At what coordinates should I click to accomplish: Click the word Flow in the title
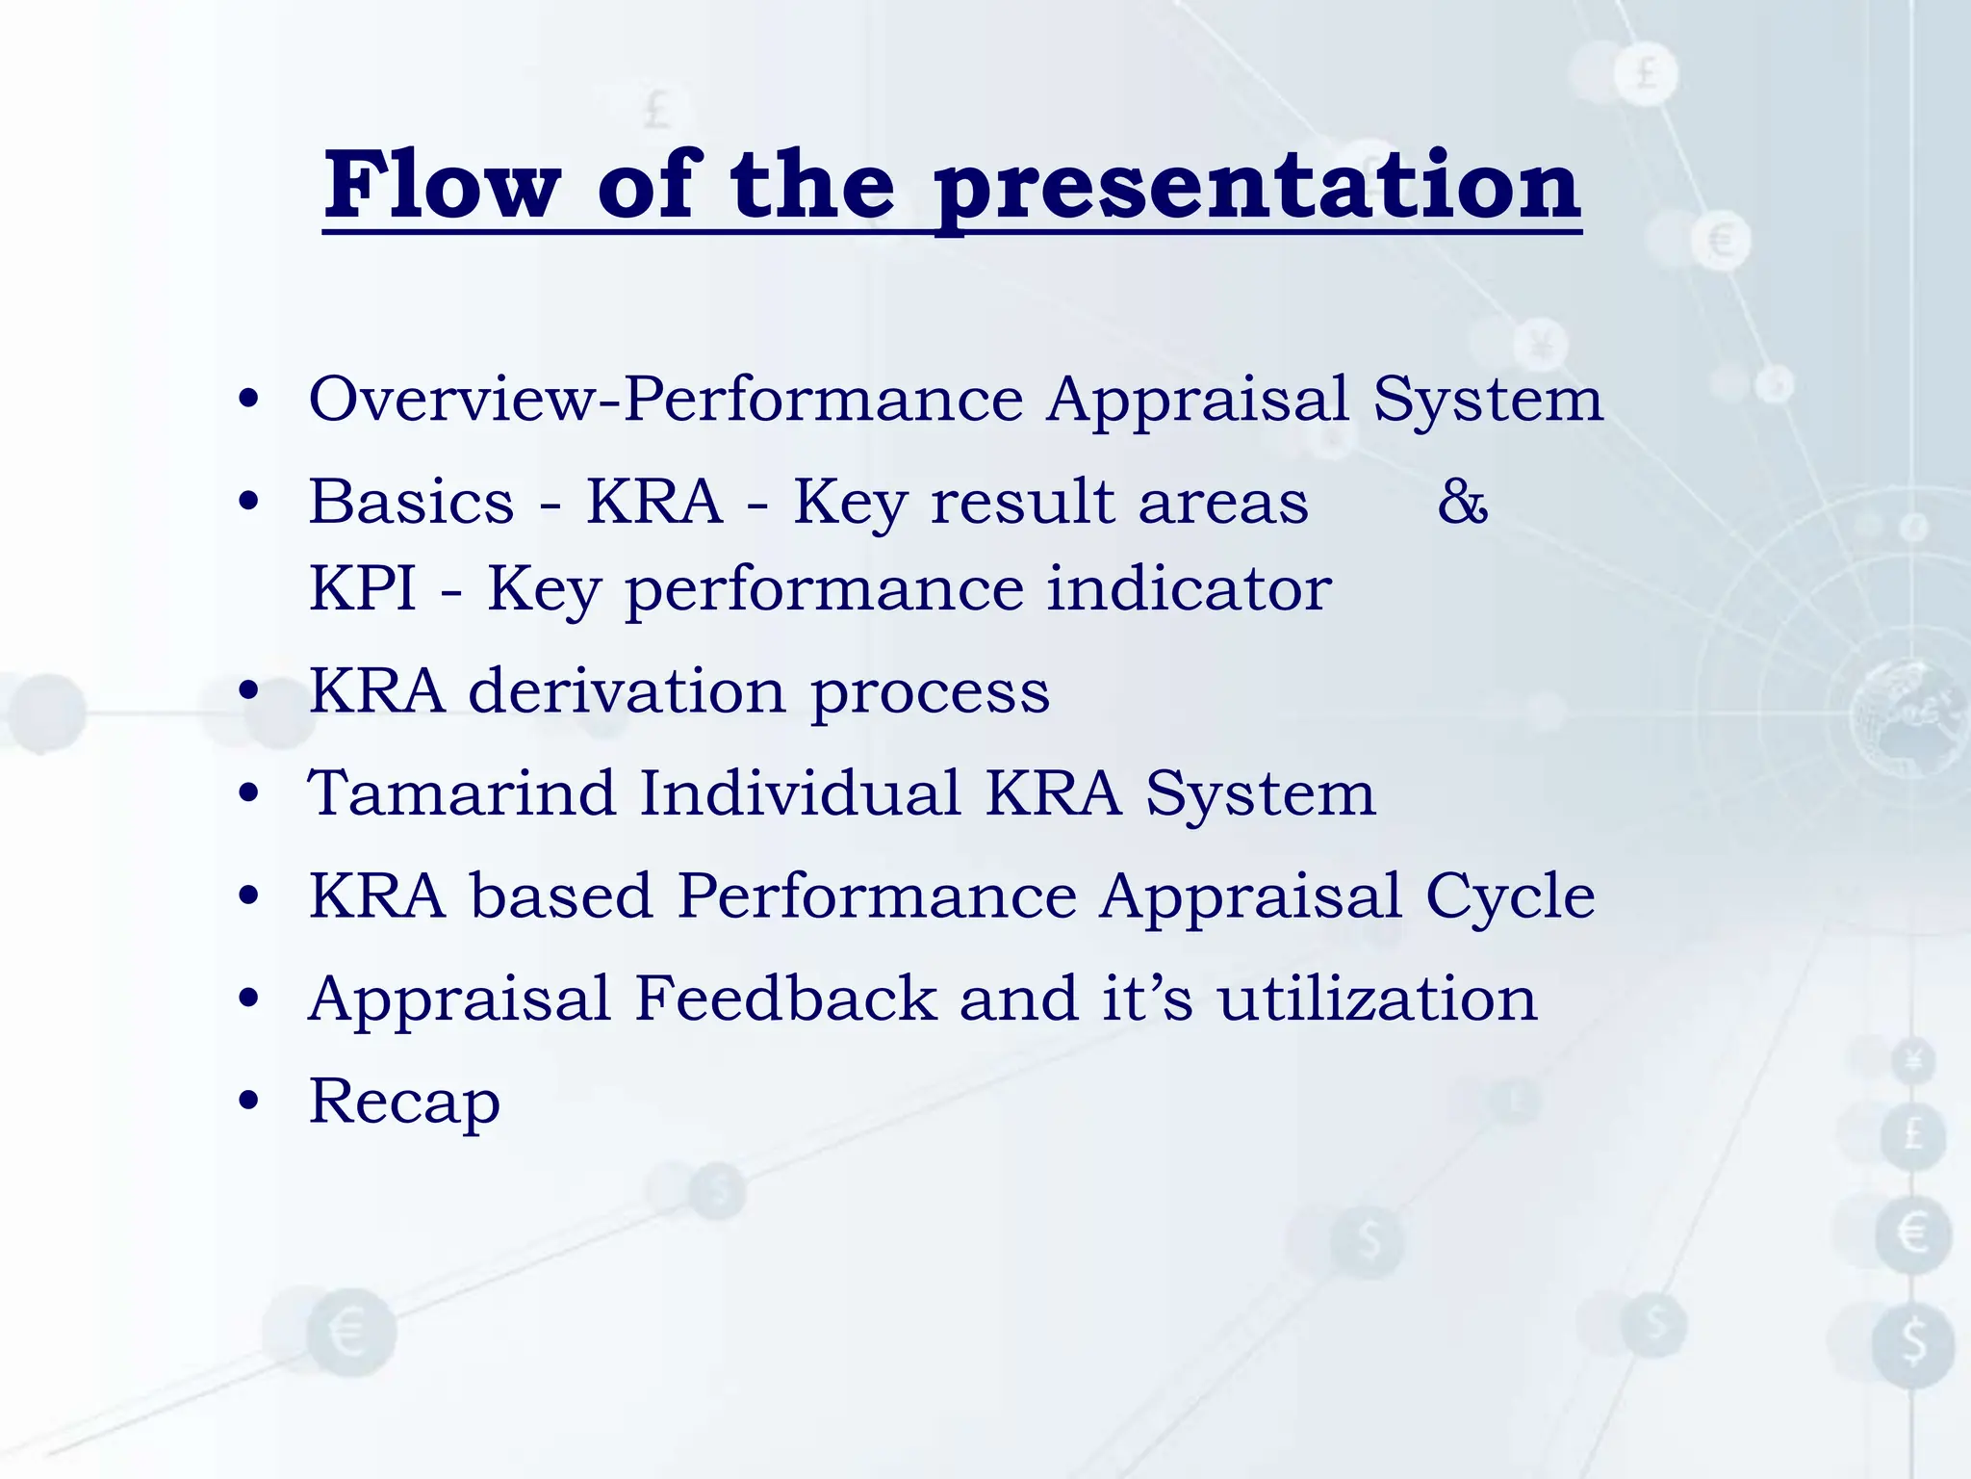[x=442, y=185]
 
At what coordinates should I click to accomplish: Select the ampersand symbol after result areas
[x=1463, y=502]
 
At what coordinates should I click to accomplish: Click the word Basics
[x=412, y=502]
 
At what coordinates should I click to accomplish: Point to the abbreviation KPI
[x=363, y=588]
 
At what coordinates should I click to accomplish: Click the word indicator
[x=1190, y=588]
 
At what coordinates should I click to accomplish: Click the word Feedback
[x=786, y=999]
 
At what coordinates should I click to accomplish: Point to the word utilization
[x=1377, y=999]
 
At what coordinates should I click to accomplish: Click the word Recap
[x=404, y=1103]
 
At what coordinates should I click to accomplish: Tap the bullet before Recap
[x=249, y=1101]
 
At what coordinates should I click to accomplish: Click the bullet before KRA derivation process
[x=249, y=690]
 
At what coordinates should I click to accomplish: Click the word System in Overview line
[x=1488, y=399]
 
